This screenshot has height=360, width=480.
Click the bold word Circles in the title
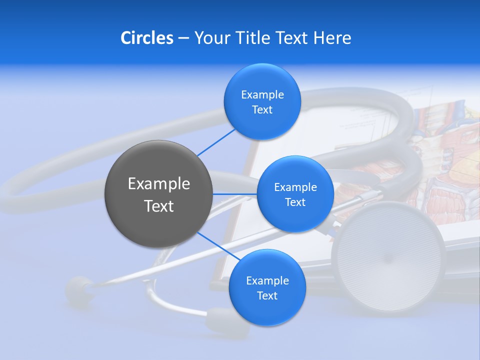pyautogui.click(x=147, y=38)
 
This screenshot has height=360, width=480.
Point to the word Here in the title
pyautogui.click(x=332, y=38)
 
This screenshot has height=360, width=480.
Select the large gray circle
pyautogui.click(x=158, y=194)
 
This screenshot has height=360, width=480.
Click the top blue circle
pyautogui.click(x=262, y=101)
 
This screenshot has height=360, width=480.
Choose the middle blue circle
pyautogui.click(x=295, y=194)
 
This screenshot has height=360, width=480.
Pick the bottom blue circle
pyautogui.click(x=267, y=287)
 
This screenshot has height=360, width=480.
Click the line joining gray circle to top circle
pyautogui.click(x=216, y=142)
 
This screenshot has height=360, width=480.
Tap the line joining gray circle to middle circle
pyautogui.click(x=235, y=194)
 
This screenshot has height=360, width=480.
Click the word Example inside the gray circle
pyautogui.click(x=158, y=184)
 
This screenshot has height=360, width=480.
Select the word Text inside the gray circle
pyautogui.click(x=158, y=206)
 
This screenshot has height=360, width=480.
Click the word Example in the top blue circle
pyautogui.click(x=262, y=94)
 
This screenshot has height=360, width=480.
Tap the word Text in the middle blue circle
pyautogui.click(x=295, y=202)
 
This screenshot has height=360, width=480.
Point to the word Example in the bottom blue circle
pyautogui.click(x=267, y=280)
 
